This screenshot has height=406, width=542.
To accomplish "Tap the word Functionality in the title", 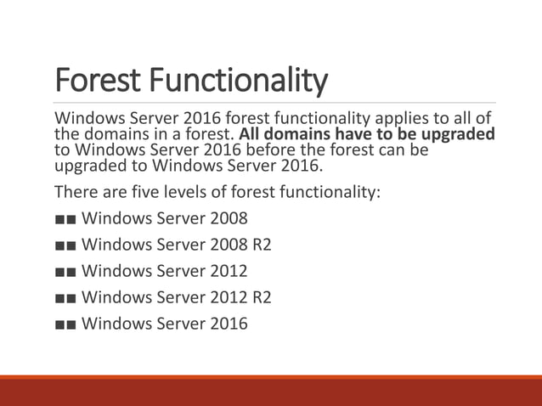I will point(234,82).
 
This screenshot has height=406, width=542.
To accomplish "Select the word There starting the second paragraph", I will point(75,191).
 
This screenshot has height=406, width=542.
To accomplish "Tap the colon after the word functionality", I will point(379,192).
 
